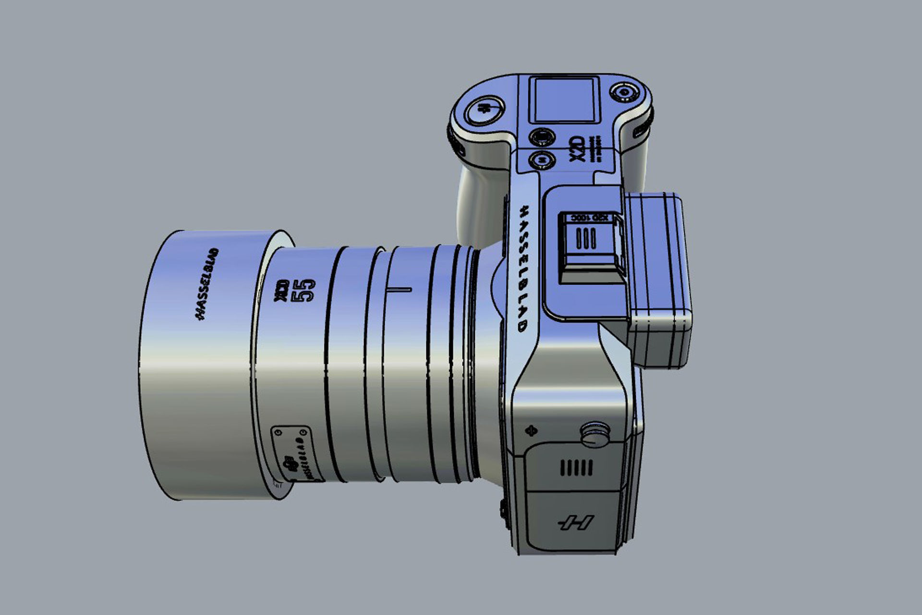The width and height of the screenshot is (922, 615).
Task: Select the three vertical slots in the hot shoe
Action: [x=586, y=238]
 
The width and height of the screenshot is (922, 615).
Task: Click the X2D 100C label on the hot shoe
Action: [x=589, y=218]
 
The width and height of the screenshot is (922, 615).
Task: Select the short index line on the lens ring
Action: [x=398, y=290]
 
